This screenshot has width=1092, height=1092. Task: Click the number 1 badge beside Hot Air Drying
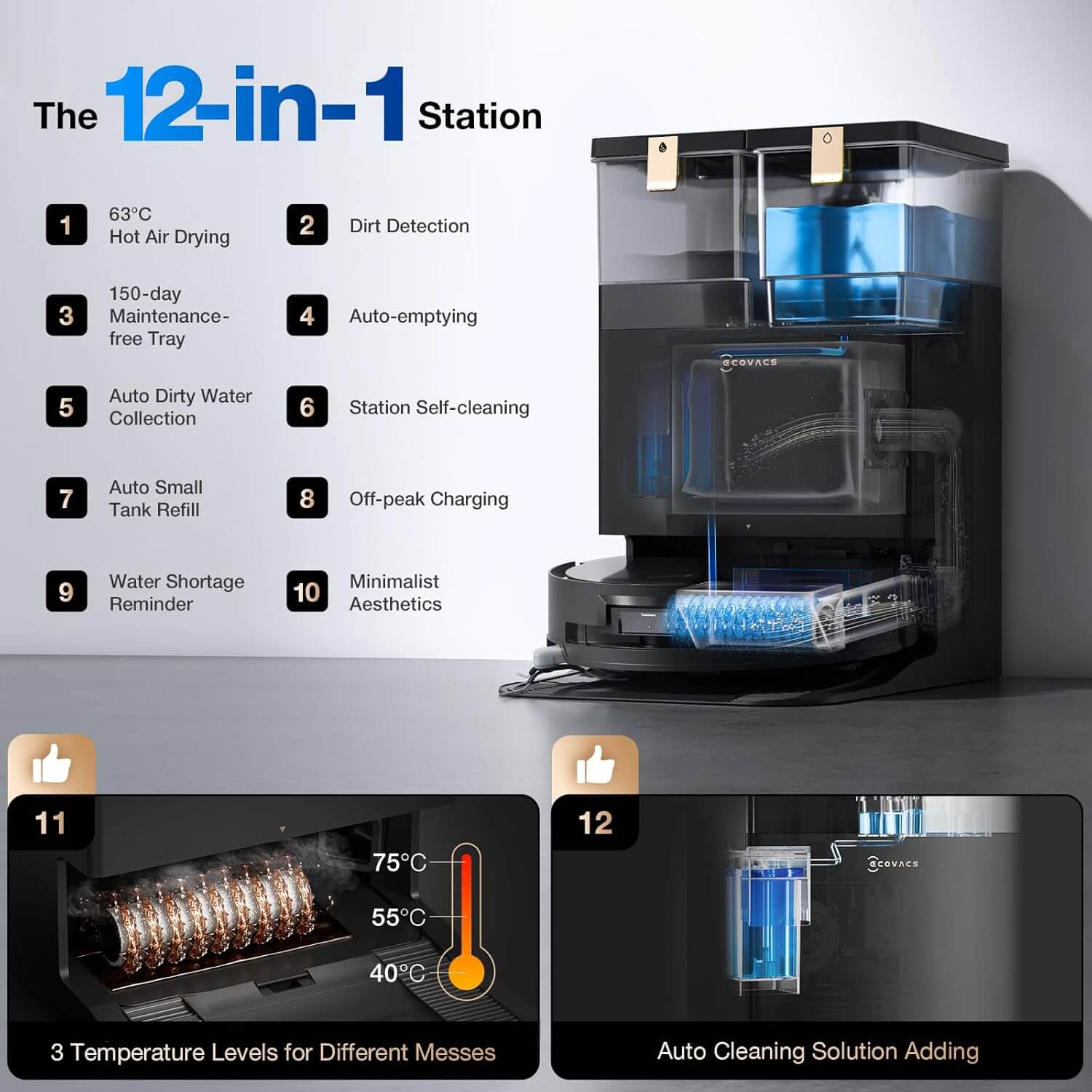(x=66, y=224)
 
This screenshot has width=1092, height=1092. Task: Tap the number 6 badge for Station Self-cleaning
(x=307, y=407)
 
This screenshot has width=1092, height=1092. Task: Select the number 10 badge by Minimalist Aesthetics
(x=307, y=591)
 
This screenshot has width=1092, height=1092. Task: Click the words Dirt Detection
(x=409, y=226)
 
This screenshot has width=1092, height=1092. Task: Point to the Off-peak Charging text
(x=429, y=499)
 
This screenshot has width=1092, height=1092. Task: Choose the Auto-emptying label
(x=413, y=317)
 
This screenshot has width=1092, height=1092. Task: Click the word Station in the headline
(x=480, y=116)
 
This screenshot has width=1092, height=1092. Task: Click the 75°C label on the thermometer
(x=399, y=863)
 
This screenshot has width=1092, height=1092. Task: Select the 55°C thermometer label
(x=398, y=917)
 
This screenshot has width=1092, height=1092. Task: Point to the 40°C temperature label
(x=397, y=973)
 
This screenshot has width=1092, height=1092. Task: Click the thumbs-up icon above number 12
(x=595, y=765)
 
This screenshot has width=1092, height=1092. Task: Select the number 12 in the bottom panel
(x=596, y=823)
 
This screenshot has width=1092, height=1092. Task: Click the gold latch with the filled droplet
(x=662, y=163)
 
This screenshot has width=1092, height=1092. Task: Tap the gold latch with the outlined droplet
(x=827, y=156)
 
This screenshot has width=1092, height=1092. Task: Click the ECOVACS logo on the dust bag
(x=749, y=363)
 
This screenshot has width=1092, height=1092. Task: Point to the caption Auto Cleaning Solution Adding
(x=818, y=1051)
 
